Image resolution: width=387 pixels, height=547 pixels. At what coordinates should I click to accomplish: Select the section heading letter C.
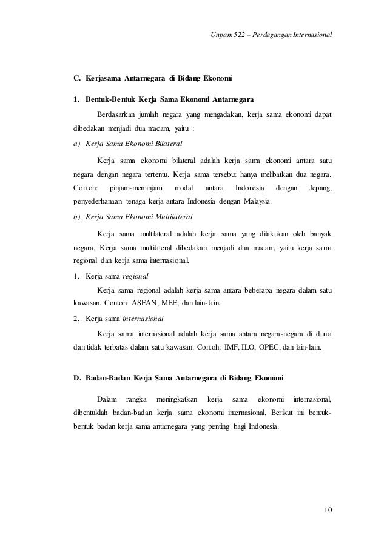tap(76, 78)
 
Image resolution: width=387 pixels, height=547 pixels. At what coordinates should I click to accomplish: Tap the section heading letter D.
tap(77, 379)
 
